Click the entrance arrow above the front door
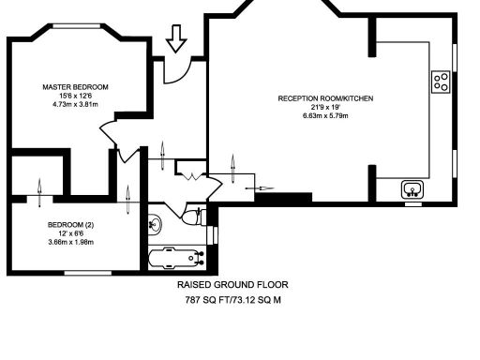[175, 40]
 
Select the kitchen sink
[412, 189]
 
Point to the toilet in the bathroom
[192, 217]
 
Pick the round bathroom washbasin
[156, 224]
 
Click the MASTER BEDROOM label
[75, 86]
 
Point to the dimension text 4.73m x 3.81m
[75, 104]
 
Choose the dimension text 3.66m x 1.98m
[71, 242]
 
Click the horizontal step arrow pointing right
[254, 187]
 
